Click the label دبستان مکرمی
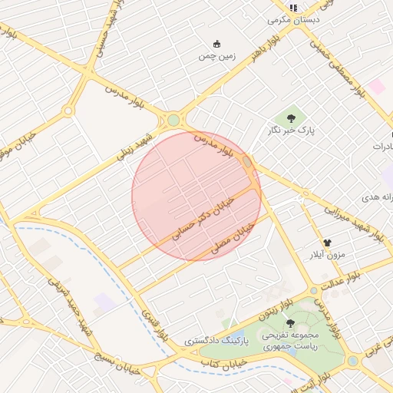coord(293,20)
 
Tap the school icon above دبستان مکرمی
coord(293,7)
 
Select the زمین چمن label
coord(216,56)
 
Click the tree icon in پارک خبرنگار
coord(291,117)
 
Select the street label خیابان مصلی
coord(232,239)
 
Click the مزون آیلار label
coord(328,254)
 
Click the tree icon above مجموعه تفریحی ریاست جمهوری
coord(290,323)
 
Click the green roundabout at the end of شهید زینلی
coord(173,121)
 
